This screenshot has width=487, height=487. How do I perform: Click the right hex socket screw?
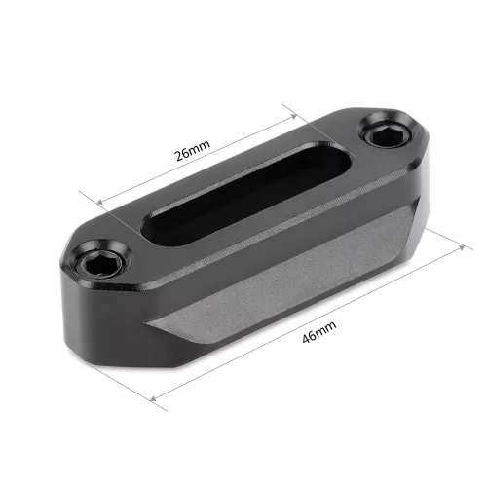click(x=381, y=130)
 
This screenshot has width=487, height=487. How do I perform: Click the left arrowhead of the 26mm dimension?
click(x=97, y=201)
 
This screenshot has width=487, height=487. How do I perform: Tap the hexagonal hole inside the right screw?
click(x=381, y=131)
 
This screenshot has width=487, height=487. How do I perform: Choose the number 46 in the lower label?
click(x=308, y=337)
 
